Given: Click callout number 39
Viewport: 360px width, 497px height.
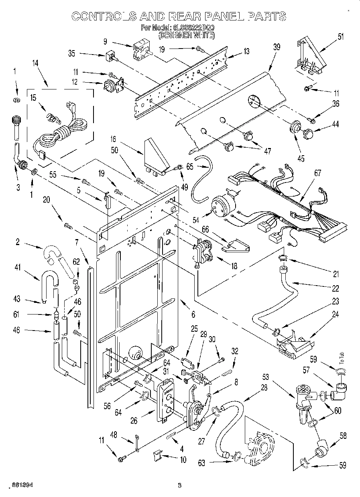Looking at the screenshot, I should coord(277,47).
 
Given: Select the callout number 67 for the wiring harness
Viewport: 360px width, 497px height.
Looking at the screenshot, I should coord(317,173).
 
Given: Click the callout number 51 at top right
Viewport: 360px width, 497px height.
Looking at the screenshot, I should coord(341,37).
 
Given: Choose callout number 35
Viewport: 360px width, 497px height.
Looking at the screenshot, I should coord(83,53).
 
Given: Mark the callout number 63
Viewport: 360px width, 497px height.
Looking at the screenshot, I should coord(201,463).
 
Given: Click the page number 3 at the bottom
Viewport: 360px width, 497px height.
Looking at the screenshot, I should coord(179,486).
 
